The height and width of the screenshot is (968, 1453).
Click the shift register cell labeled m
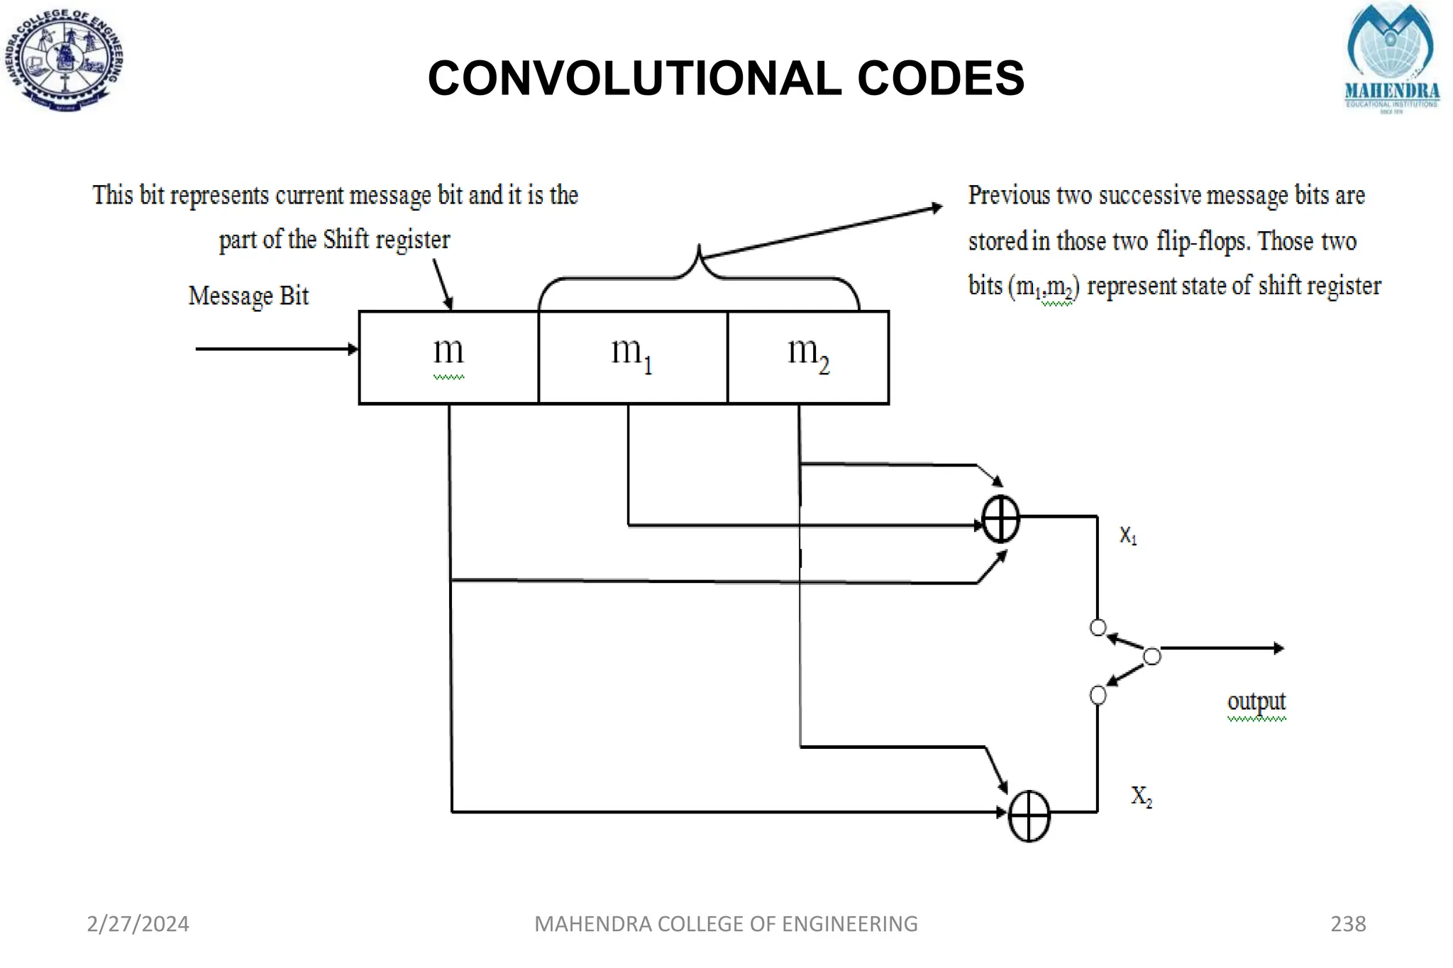(x=448, y=357)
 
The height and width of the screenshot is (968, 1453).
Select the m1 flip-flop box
(x=632, y=357)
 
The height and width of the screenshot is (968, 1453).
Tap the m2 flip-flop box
(x=808, y=357)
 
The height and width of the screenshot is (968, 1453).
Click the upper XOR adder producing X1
(x=1000, y=519)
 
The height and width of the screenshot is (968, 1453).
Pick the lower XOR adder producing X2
(x=1029, y=816)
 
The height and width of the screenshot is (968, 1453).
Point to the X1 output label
(x=1128, y=535)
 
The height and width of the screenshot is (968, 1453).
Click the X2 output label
(x=1141, y=796)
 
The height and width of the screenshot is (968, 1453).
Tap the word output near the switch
(x=1256, y=701)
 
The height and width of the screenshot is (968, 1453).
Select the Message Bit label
(x=248, y=296)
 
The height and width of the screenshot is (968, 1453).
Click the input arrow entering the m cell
(x=277, y=349)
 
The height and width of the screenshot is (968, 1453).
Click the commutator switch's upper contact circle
(x=1098, y=628)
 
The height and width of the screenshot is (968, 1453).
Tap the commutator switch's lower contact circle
(x=1098, y=695)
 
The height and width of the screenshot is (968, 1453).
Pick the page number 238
(x=1348, y=924)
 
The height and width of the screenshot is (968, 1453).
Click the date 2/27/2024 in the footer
(x=138, y=924)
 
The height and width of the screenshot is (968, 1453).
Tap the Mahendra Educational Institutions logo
(x=1392, y=59)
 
